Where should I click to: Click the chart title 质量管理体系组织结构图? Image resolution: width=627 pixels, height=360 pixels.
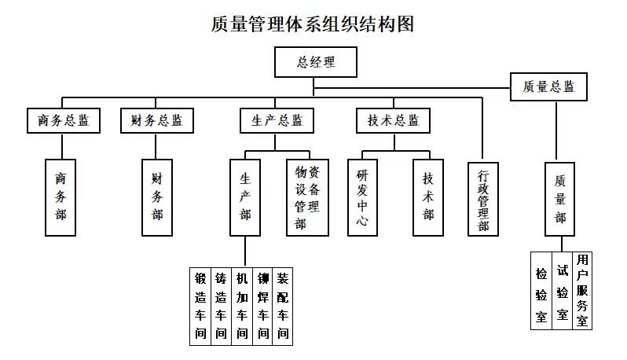(x=313, y=24)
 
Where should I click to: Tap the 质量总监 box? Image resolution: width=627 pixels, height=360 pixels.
(x=548, y=86)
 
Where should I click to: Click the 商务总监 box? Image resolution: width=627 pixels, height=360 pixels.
(x=63, y=121)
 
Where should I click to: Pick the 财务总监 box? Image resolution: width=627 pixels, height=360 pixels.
(x=157, y=121)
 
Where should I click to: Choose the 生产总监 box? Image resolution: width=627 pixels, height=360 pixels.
(x=277, y=121)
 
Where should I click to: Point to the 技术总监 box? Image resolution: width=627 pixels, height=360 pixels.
(x=394, y=121)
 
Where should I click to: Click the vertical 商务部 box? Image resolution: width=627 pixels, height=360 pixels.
(x=60, y=198)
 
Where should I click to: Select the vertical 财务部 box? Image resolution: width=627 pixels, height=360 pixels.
(x=157, y=198)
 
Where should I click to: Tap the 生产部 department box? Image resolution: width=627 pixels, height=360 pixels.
(x=245, y=198)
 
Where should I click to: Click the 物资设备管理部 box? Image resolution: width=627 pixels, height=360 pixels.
(x=307, y=198)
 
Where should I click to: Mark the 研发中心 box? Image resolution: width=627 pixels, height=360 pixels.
(x=362, y=198)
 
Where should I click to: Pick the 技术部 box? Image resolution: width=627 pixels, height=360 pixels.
(x=428, y=198)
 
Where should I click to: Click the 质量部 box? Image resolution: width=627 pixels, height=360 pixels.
(x=560, y=198)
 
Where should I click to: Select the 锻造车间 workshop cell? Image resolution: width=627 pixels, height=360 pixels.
(x=200, y=306)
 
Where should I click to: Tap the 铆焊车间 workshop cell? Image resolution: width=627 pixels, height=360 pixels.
(x=263, y=306)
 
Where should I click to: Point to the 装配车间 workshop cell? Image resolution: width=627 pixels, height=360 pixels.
(x=283, y=306)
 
